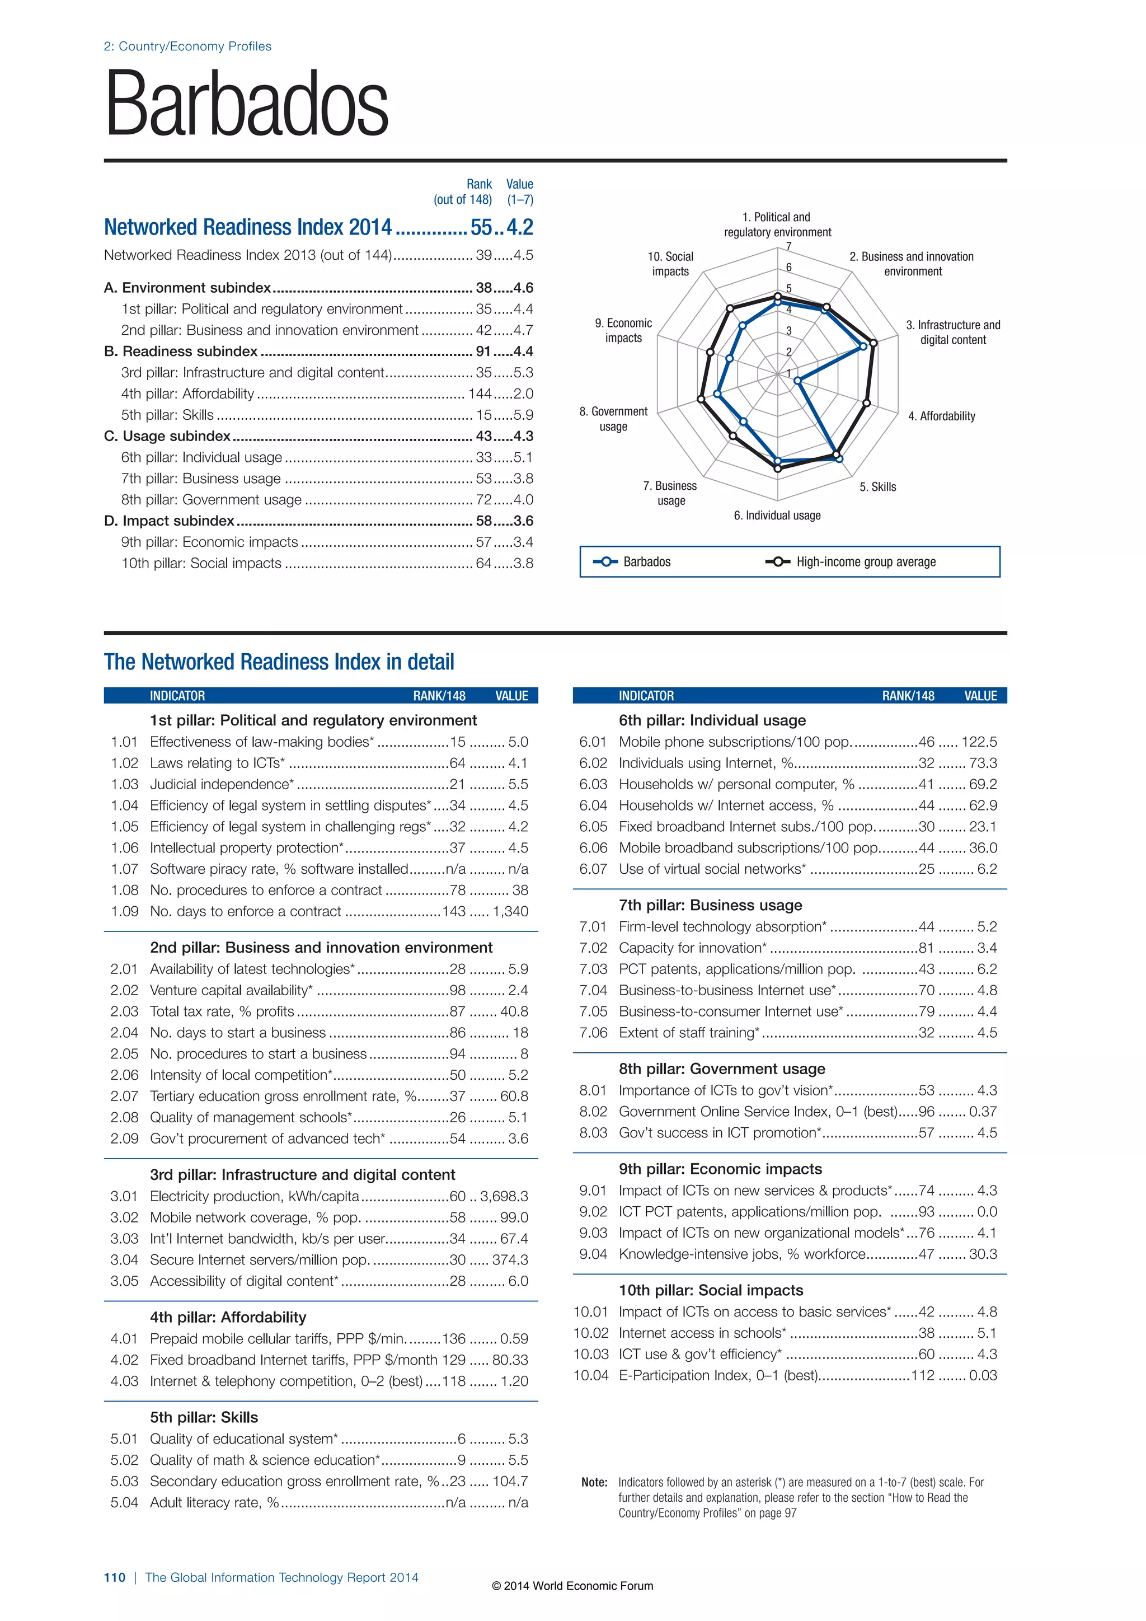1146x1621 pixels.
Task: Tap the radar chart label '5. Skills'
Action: [878, 487]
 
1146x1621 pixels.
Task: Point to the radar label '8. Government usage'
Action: [613, 419]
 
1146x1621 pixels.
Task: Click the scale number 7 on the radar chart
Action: [789, 246]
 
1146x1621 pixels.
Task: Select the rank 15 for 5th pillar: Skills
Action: [483, 415]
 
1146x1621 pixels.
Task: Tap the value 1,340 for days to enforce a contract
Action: [510, 911]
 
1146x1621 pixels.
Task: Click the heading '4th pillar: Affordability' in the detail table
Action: [228, 1318]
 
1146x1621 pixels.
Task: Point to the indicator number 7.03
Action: [593, 969]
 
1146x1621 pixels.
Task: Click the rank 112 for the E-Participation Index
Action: [922, 1375]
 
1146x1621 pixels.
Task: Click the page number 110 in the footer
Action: [114, 1578]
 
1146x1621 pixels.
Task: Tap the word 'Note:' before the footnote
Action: [594, 1483]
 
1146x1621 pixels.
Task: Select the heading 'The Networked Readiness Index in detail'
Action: [279, 662]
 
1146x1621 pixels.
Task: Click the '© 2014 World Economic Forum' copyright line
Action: [572, 1586]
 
